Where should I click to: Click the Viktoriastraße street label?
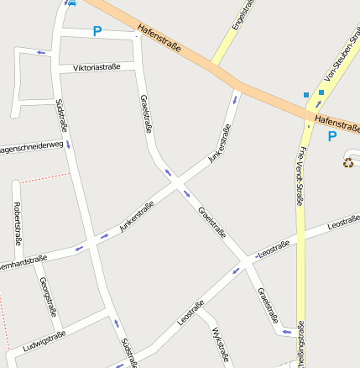(97, 67)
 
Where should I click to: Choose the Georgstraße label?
(49, 297)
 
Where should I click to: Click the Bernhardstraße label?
(23, 260)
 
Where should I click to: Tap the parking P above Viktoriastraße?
(97, 32)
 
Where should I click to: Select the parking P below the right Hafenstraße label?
(332, 136)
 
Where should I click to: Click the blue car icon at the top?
(71, 3)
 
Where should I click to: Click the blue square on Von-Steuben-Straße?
(321, 92)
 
